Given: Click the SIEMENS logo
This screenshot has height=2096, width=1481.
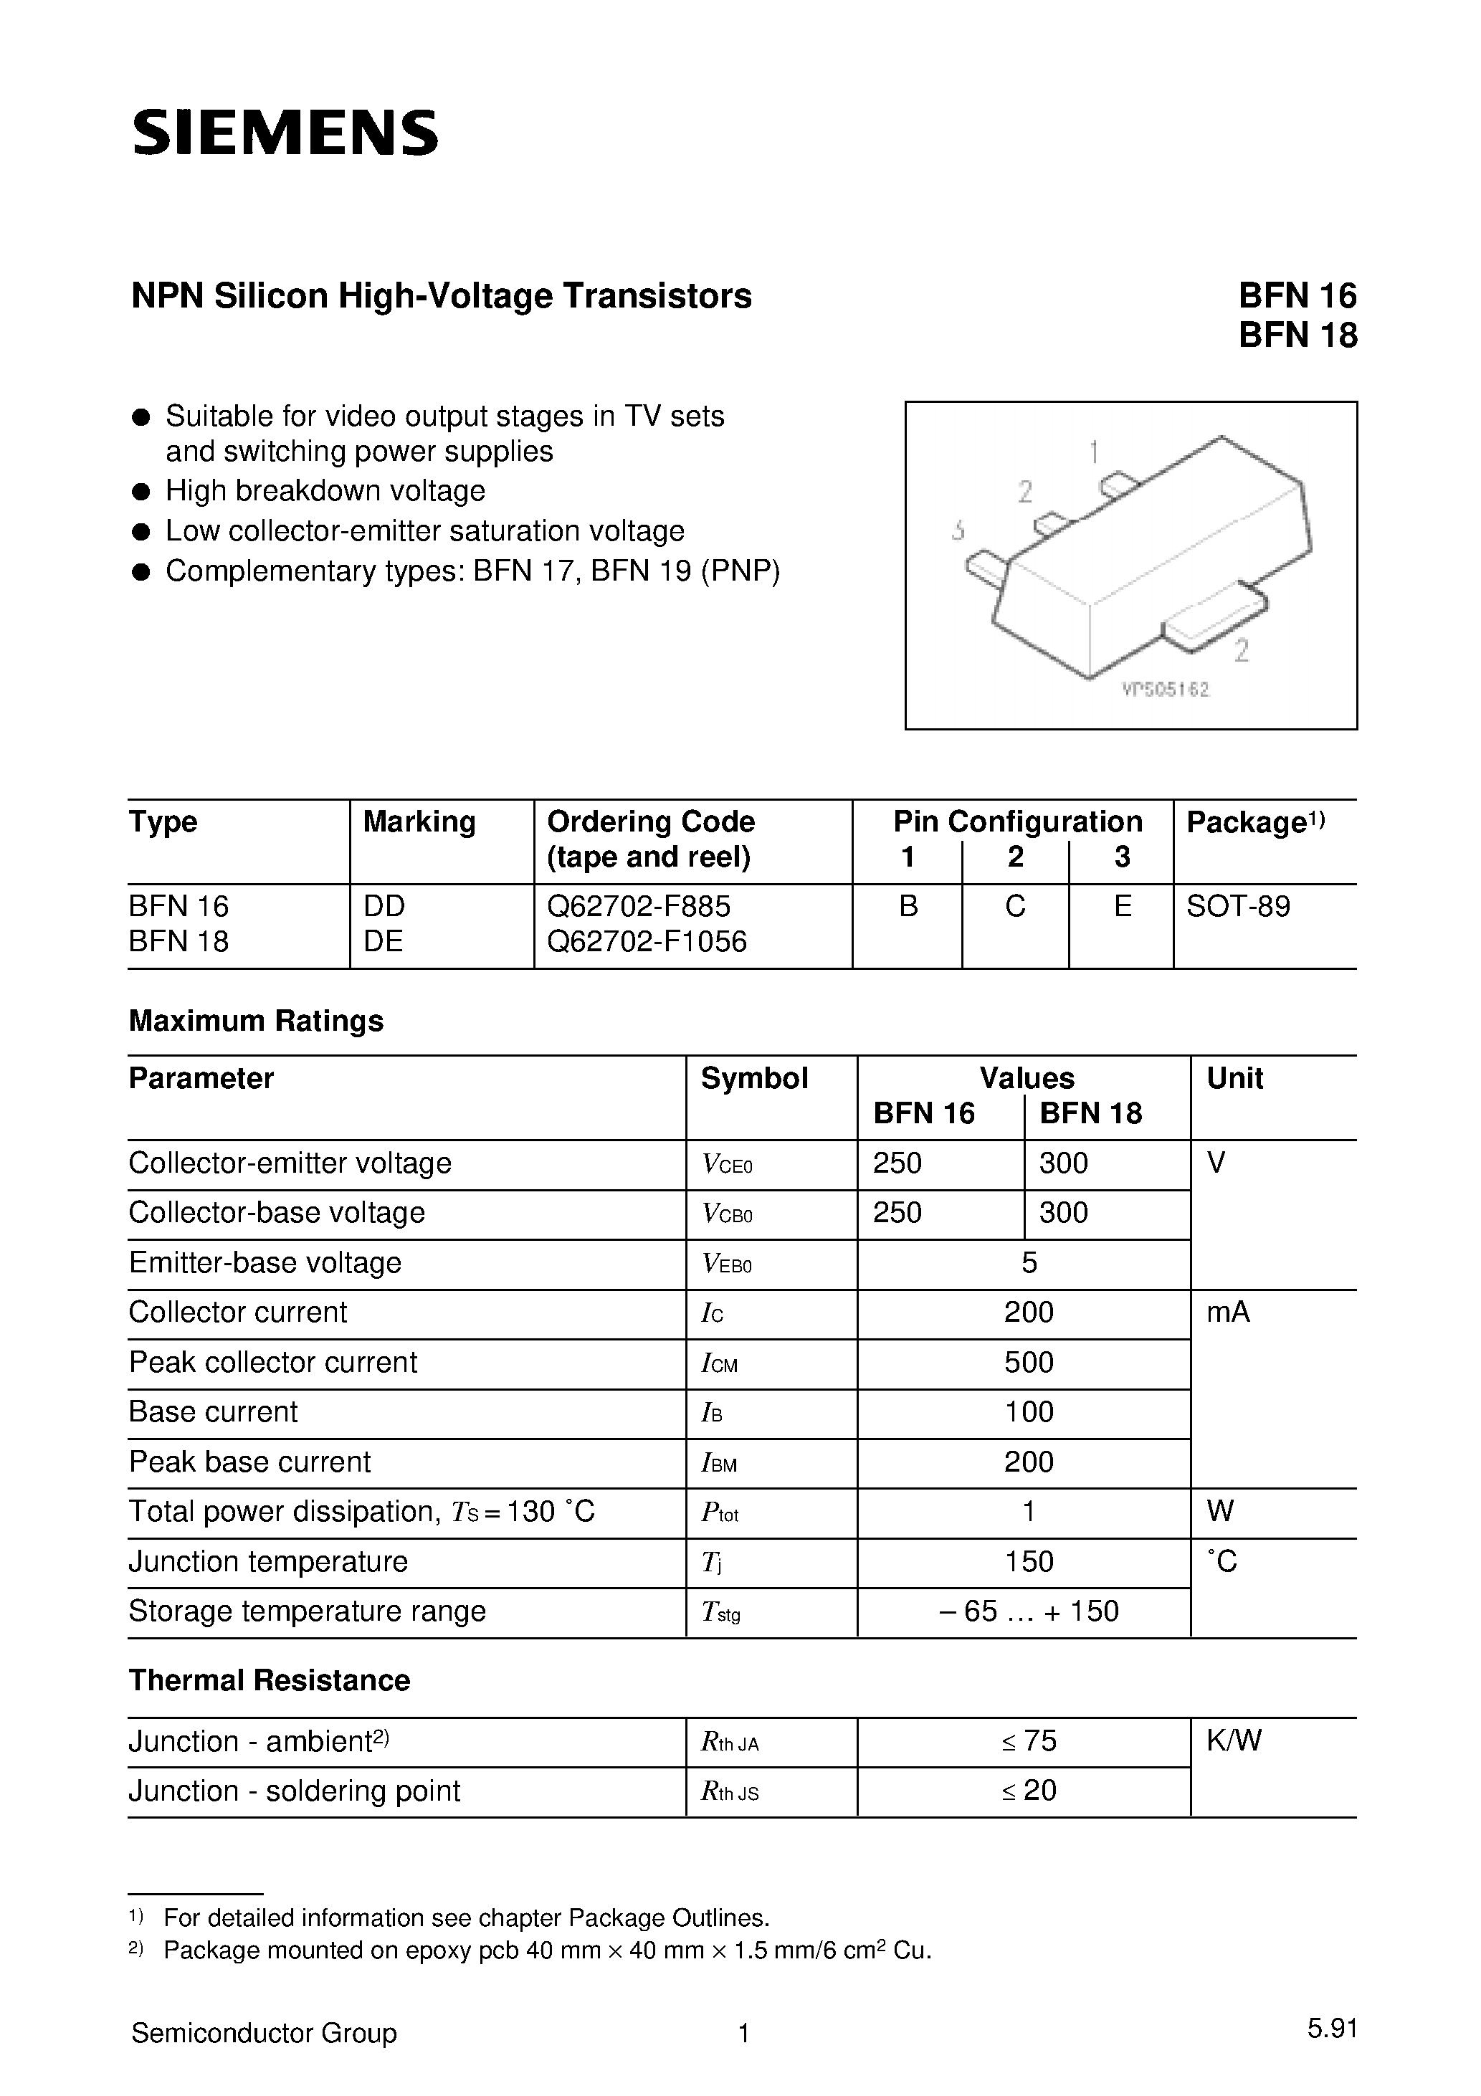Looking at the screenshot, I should coord(285,133).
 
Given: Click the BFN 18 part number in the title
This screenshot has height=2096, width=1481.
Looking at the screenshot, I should coord(1297,337).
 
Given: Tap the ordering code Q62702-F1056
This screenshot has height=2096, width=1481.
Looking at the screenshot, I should coord(647,941).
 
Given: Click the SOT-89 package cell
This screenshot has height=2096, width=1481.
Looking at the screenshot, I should coord(1238,907).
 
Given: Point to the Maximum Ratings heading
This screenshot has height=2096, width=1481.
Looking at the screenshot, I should coord(256,1021).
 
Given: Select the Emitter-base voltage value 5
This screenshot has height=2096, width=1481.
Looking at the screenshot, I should coord(1029,1262).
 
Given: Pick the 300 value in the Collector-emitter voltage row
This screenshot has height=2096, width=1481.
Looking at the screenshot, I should coord(1064,1163).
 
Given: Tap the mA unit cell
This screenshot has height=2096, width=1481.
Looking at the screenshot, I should coord(1228,1313).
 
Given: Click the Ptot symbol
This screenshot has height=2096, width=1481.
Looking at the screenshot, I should coord(720,1513).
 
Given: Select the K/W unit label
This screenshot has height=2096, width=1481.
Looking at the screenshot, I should coord(1234,1741).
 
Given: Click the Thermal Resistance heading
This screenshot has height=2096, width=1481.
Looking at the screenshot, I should coord(270,1681).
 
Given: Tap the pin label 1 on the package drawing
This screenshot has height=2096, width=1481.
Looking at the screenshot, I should coord(1094,451).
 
